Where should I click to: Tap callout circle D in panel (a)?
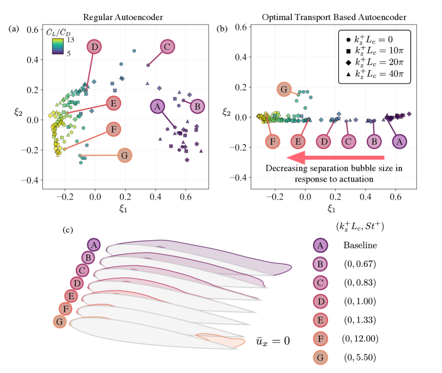click(x=95, y=47)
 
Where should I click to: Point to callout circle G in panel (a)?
click(x=125, y=155)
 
